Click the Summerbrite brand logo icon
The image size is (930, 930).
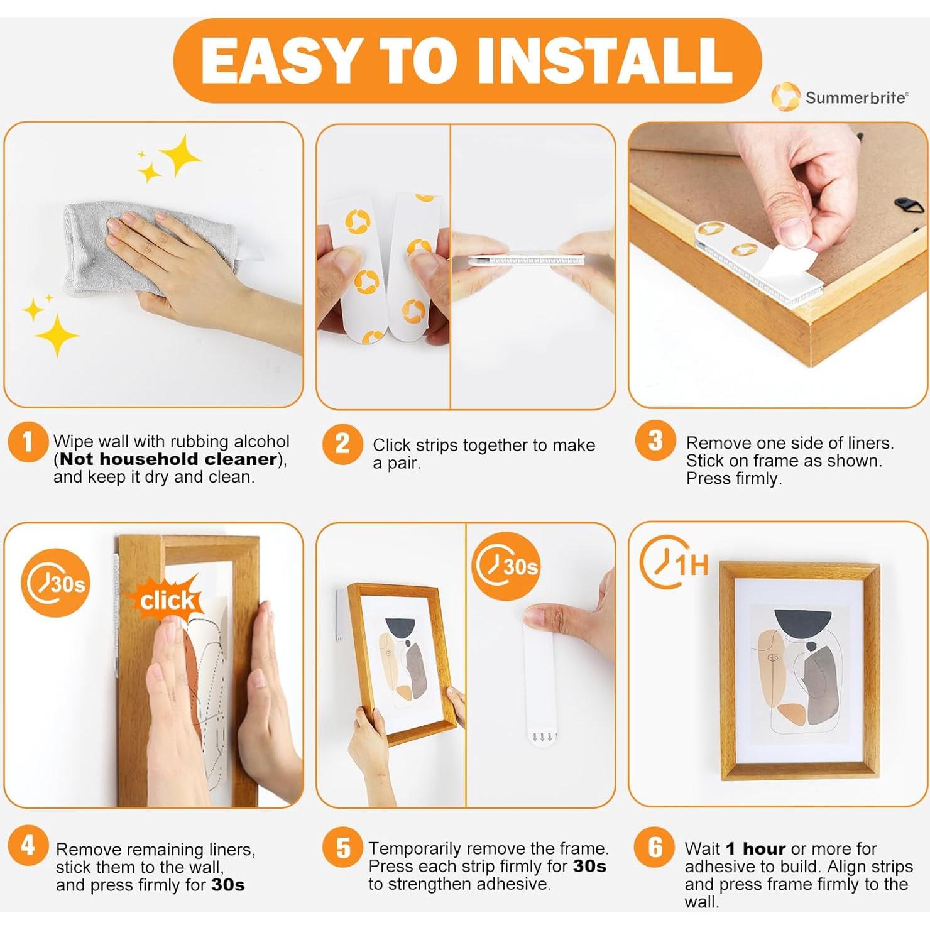point(785,97)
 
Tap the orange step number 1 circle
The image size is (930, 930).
point(28,442)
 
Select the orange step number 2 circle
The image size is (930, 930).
point(342,444)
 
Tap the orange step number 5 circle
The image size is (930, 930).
point(342,847)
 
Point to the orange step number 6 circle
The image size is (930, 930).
point(655,847)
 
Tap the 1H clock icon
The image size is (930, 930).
point(674,563)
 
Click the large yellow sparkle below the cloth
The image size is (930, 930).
point(57,335)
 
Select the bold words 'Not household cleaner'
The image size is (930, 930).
point(168,459)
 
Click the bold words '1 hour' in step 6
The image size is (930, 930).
point(755,849)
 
